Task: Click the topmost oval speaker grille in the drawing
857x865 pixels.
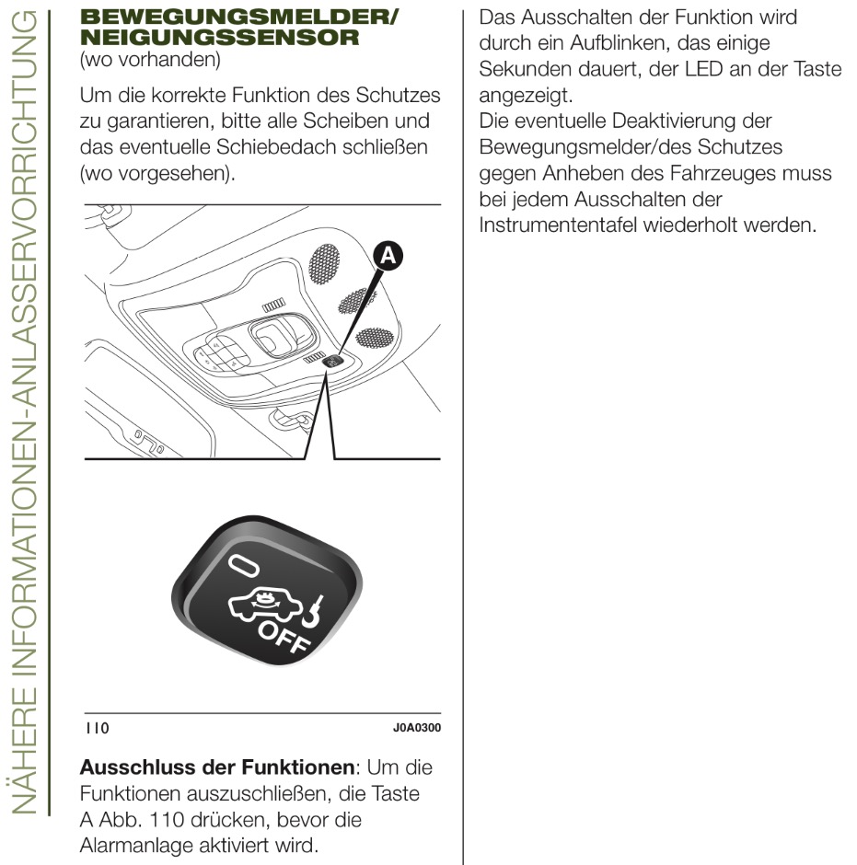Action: [324, 263]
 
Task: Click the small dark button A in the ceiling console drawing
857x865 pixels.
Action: [334, 362]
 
